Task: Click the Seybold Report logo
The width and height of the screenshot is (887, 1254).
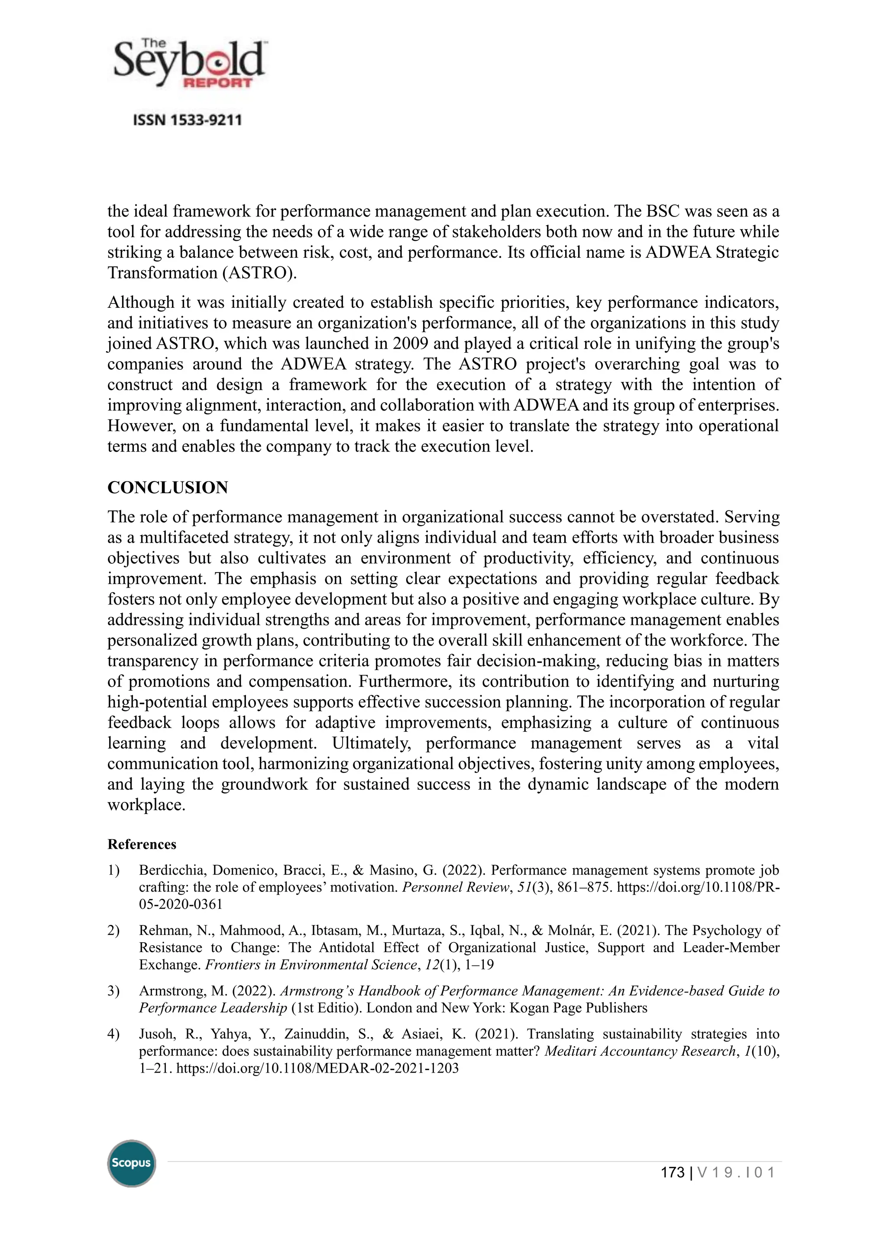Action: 188,65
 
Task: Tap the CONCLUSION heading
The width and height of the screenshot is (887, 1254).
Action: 168,488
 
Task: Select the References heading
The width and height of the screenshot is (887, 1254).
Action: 142,844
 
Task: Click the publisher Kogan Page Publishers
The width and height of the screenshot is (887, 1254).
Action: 578,1008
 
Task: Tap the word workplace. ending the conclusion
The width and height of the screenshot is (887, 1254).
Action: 146,805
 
